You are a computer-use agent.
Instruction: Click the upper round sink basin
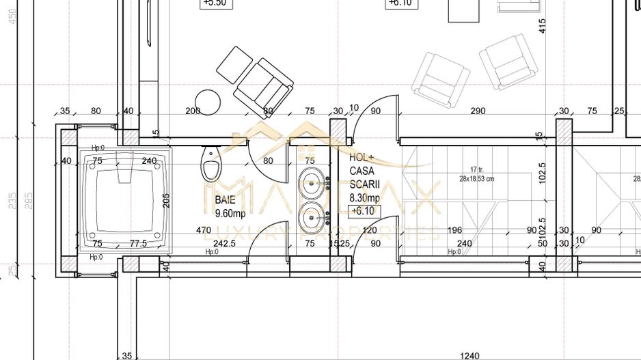(313, 184)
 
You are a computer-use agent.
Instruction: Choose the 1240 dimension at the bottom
(470, 355)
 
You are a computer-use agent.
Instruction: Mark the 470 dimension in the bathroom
(203, 230)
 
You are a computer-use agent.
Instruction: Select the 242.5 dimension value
(224, 243)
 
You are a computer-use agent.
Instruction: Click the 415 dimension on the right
(542, 26)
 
